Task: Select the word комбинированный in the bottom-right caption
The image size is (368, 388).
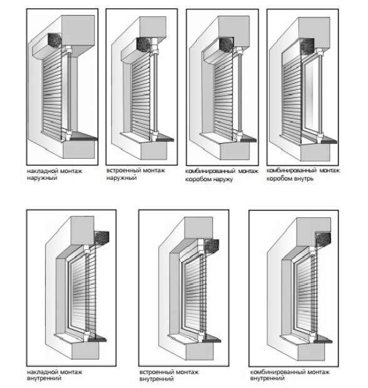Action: pyautogui.click(x=274, y=372)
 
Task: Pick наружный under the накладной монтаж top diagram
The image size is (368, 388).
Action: pyautogui.click(x=42, y=177)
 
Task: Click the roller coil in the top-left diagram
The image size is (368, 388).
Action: pyautogui.click(x=54, y=40)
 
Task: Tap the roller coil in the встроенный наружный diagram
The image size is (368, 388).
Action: pyautogui.click(x=143, y=45)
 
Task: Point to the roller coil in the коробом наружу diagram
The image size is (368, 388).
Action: pyautogui.click(x=227, y=44)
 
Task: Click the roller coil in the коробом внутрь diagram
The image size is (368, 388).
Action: pyautogui.click(x=307, y=45)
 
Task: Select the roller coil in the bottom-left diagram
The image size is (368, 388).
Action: pyautogui.click(x=102, y=237)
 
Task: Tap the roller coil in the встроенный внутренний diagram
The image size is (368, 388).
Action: pyautogui.click(x=212, y=246)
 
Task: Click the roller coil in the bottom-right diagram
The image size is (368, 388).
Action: pyautogui.click(x=324, y=239)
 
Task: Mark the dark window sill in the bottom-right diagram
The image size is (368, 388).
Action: pyautogui.click(x=322, y=339)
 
